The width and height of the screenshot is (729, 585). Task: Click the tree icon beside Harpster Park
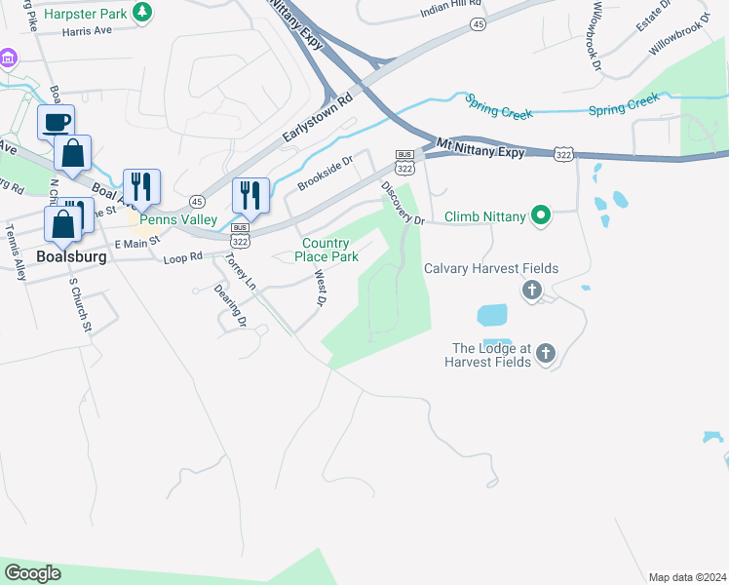click(x=143, y=12)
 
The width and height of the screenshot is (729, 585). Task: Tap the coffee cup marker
click(x=56, y=123)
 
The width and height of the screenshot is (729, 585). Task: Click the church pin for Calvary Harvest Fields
click(x=532, y=290)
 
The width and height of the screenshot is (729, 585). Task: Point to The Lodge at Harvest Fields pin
click(x=546, y=355)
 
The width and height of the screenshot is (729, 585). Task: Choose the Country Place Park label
click(x=330, y=250)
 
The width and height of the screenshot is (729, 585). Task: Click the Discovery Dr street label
click(x=403, y=203)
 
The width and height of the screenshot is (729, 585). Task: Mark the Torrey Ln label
click(x=239, y=274)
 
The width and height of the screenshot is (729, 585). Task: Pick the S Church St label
click(x=79, y=306)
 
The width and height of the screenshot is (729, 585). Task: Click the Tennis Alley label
click(x=17, y=253)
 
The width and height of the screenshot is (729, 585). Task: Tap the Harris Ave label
click(x=87, y=31)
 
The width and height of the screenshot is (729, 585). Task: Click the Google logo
click(x=32, y=573)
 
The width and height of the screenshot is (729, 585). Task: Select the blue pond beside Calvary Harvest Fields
click(x=493, y=316)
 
